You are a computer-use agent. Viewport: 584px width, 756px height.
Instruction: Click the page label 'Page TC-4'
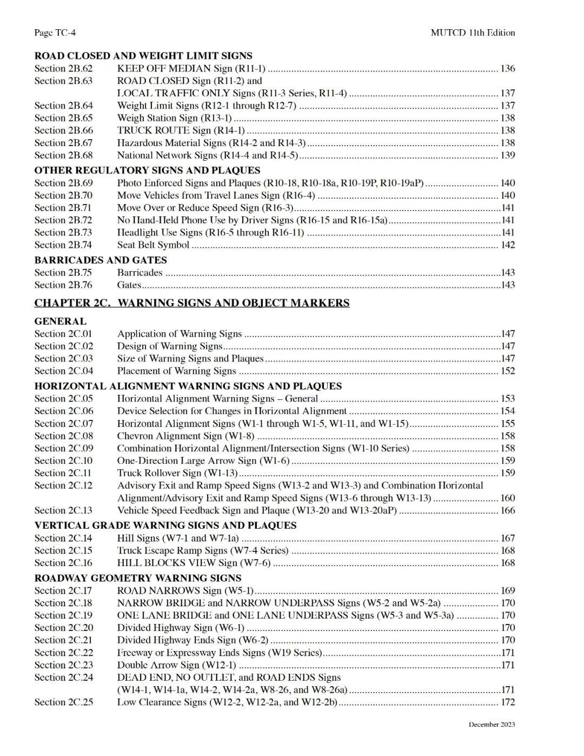[x=55, y=32]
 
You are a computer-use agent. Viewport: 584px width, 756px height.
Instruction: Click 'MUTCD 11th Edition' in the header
[x=473, y=32]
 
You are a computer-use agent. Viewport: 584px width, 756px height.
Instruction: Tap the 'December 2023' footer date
[x=492, y=725]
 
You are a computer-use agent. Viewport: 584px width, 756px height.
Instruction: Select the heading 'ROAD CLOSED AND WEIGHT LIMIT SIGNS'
[x=143, y=56]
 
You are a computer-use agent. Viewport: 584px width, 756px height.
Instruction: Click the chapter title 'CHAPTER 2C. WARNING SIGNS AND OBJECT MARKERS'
[x=192, y=303]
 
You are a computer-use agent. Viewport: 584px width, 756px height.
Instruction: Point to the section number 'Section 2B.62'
[x=63, y=69]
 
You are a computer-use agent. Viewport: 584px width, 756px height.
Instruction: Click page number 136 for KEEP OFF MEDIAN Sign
[x=508, y=69]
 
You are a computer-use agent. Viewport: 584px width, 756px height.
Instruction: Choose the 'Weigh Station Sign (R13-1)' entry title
[x=174, y=118]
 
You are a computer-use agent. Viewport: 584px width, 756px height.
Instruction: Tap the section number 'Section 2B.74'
[x=63, y=245]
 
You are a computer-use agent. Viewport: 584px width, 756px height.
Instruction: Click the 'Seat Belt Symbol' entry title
[x=153, y=245]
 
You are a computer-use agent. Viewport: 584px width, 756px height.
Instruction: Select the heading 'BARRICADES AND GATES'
[x=101, y=260]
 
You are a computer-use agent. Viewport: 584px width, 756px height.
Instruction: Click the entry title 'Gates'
[x=129, y=285]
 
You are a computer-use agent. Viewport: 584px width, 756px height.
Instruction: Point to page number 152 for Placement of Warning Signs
[x=508, y=371]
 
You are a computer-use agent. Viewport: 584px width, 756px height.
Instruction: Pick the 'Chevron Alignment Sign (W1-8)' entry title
[x=185, y=436]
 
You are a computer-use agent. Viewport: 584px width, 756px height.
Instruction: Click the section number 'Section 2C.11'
[x=63, y=473]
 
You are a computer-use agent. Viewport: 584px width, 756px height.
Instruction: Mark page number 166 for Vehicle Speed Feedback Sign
[x=508, y=510]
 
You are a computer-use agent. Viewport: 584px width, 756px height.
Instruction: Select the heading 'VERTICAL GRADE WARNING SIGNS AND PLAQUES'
[x=165, y=525]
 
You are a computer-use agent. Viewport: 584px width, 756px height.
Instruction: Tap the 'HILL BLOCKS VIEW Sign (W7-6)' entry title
[x=194, y=563]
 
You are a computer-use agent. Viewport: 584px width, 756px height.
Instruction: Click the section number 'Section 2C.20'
[x=63, y=628]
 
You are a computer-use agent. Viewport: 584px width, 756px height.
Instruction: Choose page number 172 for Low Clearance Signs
[x=508, y=702]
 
